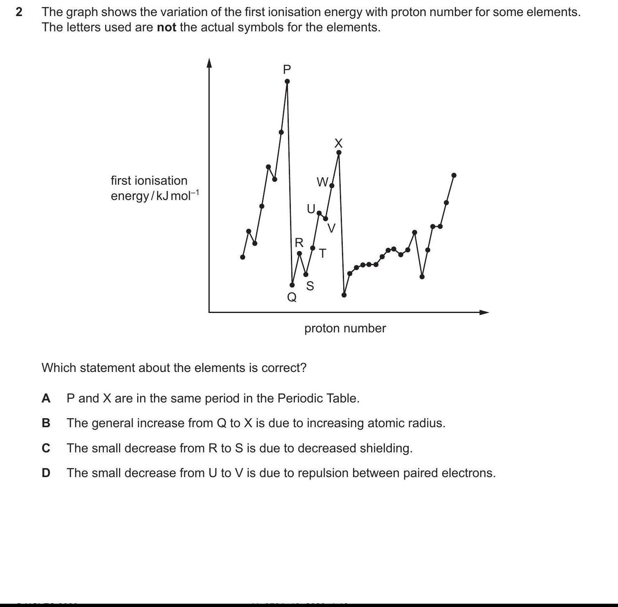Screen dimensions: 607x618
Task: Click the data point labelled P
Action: [287, 81]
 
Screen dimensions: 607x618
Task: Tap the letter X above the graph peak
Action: [338, 143]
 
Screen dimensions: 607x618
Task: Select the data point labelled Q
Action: [292, 285]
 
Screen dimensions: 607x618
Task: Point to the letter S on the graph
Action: [310, 286]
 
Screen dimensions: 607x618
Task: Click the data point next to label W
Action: [332, 186]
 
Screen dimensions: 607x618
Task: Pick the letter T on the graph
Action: [323, 254]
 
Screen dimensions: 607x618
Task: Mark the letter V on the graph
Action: [332, 228]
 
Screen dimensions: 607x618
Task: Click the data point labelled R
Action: [300, 253]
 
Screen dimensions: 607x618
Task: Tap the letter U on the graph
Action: [311, 209]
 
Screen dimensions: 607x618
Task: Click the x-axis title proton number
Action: [345, 328]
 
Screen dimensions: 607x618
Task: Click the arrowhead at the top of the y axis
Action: [209, 62]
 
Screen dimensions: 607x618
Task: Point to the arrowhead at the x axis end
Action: [485, 312]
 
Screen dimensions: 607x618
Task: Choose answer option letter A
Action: [46, 398]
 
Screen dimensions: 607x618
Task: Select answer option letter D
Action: [46, 473]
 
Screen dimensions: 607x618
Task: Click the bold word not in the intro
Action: [166, 28]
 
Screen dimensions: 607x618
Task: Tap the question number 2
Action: [19, 12]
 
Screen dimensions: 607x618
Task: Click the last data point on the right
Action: [454, 175]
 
